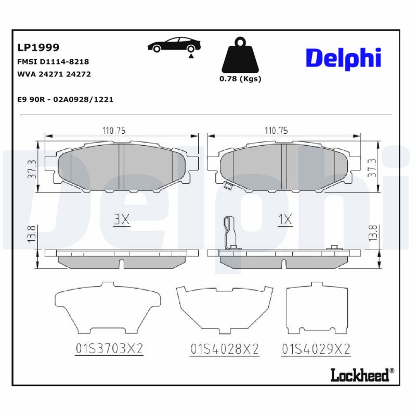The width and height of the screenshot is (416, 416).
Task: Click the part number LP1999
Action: click(38, 47)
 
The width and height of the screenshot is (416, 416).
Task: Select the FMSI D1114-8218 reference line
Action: click(54, 61)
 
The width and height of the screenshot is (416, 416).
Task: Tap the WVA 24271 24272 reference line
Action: click(55, 74)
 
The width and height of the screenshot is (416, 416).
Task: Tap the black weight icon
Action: click(239, 55)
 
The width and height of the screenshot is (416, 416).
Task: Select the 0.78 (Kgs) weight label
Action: click(240, 79)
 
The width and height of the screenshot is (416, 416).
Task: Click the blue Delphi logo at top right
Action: click(343, 58)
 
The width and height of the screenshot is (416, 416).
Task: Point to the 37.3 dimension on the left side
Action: click(32, 168)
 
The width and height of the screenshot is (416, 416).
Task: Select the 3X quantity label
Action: click(121, 220)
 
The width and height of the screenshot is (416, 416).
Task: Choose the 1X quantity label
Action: click(285, 220)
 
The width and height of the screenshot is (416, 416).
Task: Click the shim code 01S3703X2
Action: click(109, 349)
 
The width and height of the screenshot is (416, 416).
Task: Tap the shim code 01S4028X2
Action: click(225, 349)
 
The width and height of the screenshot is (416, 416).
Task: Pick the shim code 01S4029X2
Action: click(316, 349)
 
